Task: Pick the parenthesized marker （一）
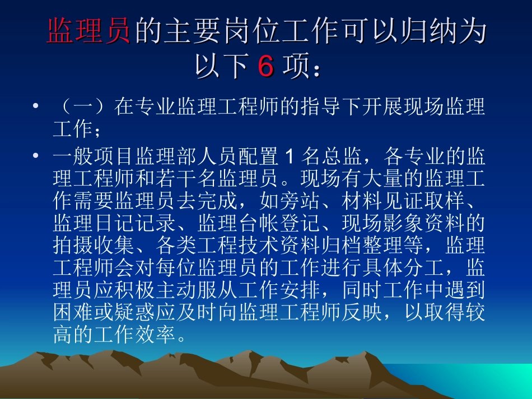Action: click(x=83, y=106)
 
